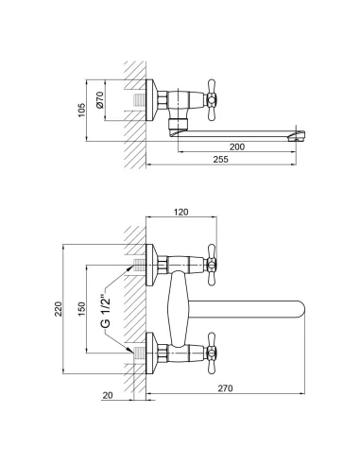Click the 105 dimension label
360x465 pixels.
pyautogui.click(x=81, y=111)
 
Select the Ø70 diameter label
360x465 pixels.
pyautogui.click(x=100, y=100)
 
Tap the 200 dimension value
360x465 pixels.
pyautogui.click(x=237, y=146)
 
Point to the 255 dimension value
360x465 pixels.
pyautogui.click(x=220, y=160)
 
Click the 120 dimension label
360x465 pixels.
pyautogui.click(x=181, y=212)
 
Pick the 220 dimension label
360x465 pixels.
pyautogui.click(x=59, y=309)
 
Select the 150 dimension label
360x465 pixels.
pyautogui.click(x=81, y=309)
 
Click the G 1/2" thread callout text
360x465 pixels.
pyautogui.click(x=106, y=312)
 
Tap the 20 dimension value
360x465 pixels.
pyautogui.click(x=108, y=395)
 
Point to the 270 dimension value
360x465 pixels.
pyautogui.click(x=226, y=388)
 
